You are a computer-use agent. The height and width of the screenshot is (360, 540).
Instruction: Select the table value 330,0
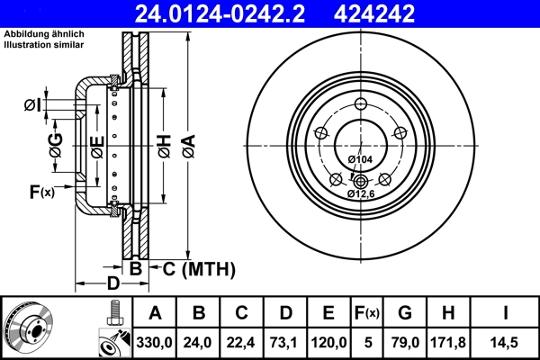point(154,342)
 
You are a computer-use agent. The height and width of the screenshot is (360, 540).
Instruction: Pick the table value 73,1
point(285,342)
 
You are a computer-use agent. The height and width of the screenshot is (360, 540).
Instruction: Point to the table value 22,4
point(241,342)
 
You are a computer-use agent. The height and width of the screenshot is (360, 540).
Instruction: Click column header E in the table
point(328,313)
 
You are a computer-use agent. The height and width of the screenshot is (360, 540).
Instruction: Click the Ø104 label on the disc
point(360,160)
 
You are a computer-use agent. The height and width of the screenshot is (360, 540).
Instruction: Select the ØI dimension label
point(32,106)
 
